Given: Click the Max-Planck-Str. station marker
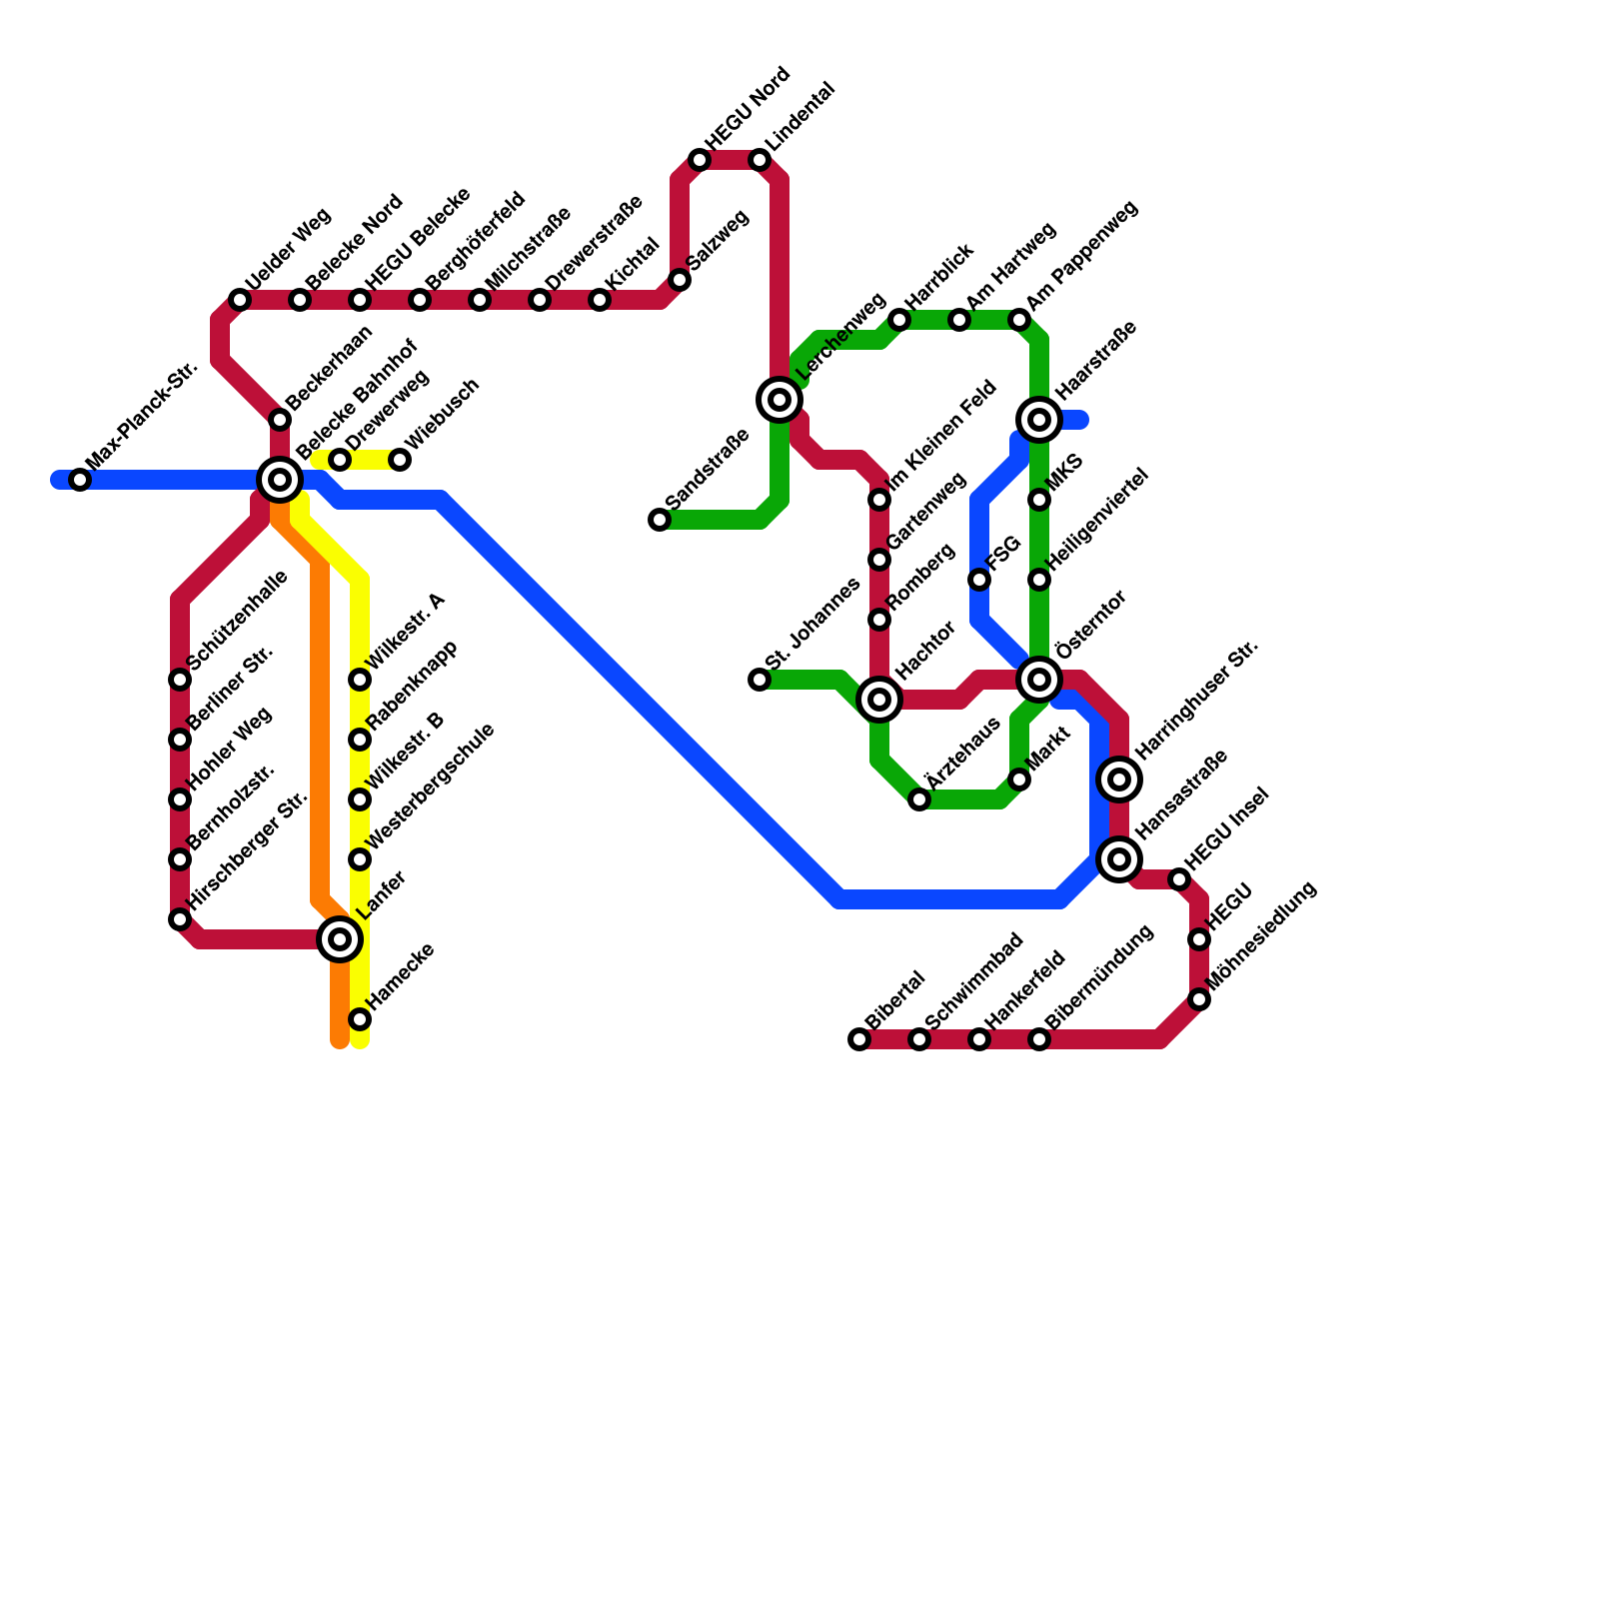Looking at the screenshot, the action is click(x=80, y=480).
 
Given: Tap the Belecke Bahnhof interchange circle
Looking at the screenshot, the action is click(x=280, y=480).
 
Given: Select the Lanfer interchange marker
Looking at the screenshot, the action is click(x=340, y=939).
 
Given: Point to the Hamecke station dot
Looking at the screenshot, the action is click(x=360, y=1019).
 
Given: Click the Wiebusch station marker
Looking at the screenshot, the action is click(x=400, y=460).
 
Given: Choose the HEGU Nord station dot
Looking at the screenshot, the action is click(x=700, y=160).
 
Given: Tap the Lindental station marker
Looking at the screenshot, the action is click(x=760, y=160).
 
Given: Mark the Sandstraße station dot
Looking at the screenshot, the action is click(x=660, y=520).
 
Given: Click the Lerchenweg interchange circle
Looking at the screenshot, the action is click(x=780, y=400).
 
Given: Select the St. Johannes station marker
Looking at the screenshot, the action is click(x=760, y=680).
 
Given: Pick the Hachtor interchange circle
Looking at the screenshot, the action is click(x=879, y=700).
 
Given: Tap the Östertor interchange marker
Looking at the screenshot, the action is click(x=1039, y=680).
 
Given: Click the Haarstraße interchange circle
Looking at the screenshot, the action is click(x=1039, y=420).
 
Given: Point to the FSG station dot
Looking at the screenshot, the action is click(x=979, y=580).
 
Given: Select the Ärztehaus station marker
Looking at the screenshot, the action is click(x=919, y=799).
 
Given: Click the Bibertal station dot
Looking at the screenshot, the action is click(x=859, y=1039).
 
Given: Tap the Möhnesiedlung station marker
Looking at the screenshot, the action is click(x=1199, y=999).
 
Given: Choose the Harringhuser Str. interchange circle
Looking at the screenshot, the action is click(x=1119, y=780).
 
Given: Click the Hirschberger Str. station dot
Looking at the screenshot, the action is click(x=180, y=919).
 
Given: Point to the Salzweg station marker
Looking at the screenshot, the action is click(x=680, y=280).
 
